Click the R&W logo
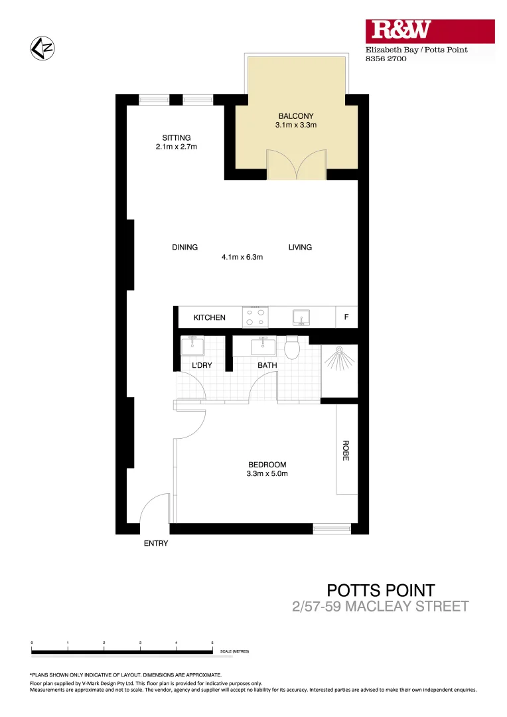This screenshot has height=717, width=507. point(401,29)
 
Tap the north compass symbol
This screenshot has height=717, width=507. point(42,48)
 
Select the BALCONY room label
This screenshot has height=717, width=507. point(296,116)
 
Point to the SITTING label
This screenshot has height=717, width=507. point(172,138)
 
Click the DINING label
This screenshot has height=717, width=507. point(184,248)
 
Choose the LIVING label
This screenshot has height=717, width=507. point(300,248)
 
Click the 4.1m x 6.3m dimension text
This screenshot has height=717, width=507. point(243,257)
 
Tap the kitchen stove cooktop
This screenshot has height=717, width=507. point(255,317)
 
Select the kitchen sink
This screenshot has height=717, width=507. point(303,317)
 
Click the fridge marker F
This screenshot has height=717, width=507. point(346,317)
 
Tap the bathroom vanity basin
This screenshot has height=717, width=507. point(263,346)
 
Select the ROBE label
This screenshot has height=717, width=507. point(346,451)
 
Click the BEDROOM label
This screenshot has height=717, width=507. point(267,465)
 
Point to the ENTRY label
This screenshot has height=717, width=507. point(156,544)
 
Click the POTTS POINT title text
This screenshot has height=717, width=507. point(381,590)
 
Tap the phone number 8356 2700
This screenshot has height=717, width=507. point(386,59)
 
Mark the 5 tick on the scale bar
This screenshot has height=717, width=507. point(212,643)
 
